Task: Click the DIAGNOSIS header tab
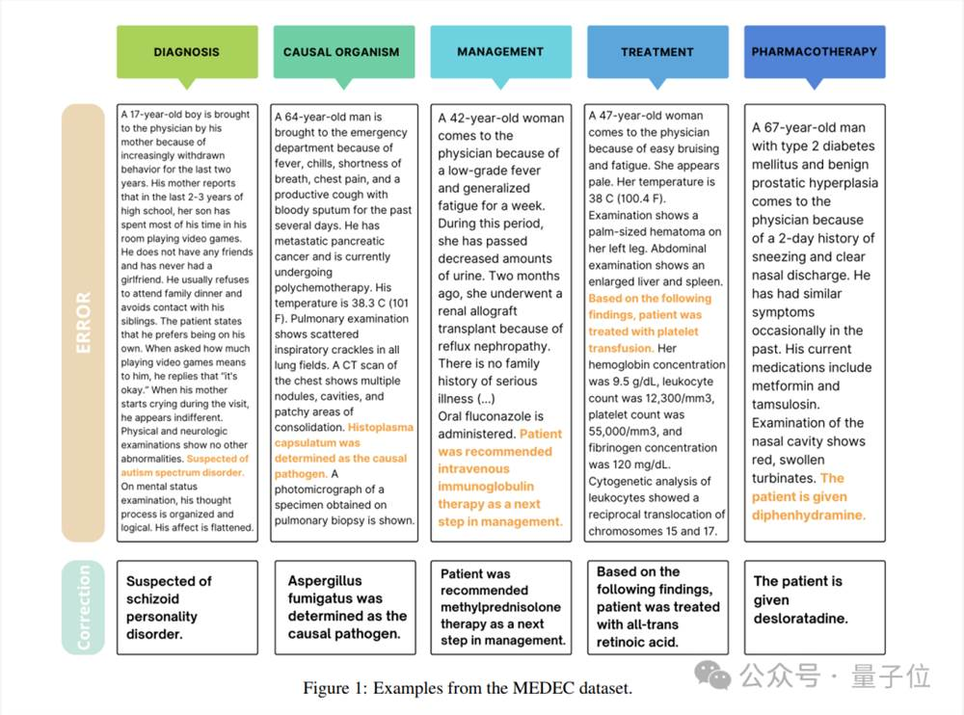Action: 186,52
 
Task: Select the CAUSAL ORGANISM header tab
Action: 341,52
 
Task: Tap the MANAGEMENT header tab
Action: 499,51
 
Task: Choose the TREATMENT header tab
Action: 656,52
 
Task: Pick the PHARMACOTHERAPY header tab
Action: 815,51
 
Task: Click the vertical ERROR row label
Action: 83,322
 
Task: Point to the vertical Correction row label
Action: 83,607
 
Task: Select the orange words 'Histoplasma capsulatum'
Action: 345,434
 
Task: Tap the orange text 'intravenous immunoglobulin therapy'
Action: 486,487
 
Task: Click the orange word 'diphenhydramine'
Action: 808,515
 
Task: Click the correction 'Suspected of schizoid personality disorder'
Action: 169,607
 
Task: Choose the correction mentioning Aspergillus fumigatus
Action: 345,607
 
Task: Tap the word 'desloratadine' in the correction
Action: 800,618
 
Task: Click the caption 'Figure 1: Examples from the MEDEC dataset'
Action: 468,688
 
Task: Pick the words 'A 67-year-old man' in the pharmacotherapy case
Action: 808,127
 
